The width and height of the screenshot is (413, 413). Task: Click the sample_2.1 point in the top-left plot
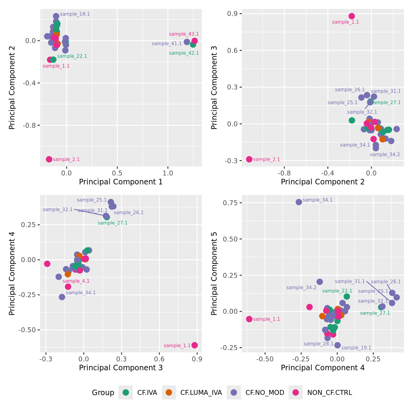point(49,159)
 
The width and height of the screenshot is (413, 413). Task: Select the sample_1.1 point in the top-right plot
point(352,16)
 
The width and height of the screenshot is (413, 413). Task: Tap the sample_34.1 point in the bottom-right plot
point(299,202)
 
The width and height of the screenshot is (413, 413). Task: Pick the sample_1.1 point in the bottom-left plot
point(195,345)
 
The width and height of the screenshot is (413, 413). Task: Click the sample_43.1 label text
point(184,34)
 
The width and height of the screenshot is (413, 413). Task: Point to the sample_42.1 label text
point(184,53)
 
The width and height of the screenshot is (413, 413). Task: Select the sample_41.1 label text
point(167,44)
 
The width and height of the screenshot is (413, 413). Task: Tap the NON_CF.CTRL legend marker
point(296,392)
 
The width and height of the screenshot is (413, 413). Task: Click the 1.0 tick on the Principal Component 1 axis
point(168,173)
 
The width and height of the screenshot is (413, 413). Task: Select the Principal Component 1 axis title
point(121,182)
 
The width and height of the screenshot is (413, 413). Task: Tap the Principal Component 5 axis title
point(214,273)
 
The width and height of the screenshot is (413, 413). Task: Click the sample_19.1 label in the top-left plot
point(75,14)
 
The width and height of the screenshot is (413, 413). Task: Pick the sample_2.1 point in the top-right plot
point(249,159)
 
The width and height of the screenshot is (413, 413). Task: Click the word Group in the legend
point(103,393)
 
